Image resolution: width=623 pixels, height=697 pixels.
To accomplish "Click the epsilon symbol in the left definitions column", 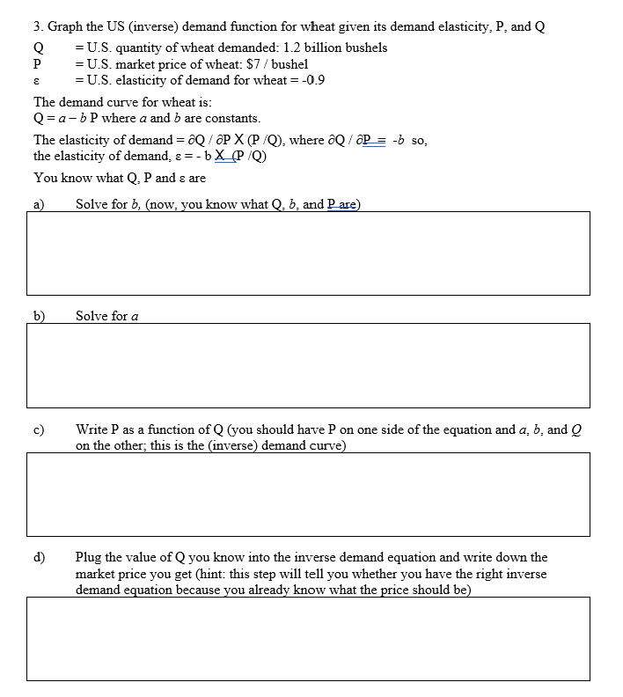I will [x=36, y=81].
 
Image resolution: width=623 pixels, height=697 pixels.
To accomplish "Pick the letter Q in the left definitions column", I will [x=37, y=48].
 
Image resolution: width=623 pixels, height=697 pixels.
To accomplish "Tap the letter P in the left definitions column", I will [x=37, y=64].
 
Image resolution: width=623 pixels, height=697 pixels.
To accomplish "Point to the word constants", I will [x=233, y=118].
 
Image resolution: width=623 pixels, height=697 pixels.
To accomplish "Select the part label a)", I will [x=39, y=204].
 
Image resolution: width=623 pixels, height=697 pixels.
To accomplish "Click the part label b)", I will [x=39, y=315].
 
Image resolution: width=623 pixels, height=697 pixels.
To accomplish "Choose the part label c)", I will [x=39, y=429].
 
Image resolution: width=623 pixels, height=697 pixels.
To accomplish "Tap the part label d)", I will [x=39, y=557].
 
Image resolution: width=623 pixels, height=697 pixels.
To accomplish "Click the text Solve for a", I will [x=106, y=315].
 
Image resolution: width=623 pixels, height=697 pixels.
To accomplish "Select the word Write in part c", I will [x=92, y=429].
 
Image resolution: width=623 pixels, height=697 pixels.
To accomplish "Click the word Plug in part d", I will [x=89, y=557].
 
